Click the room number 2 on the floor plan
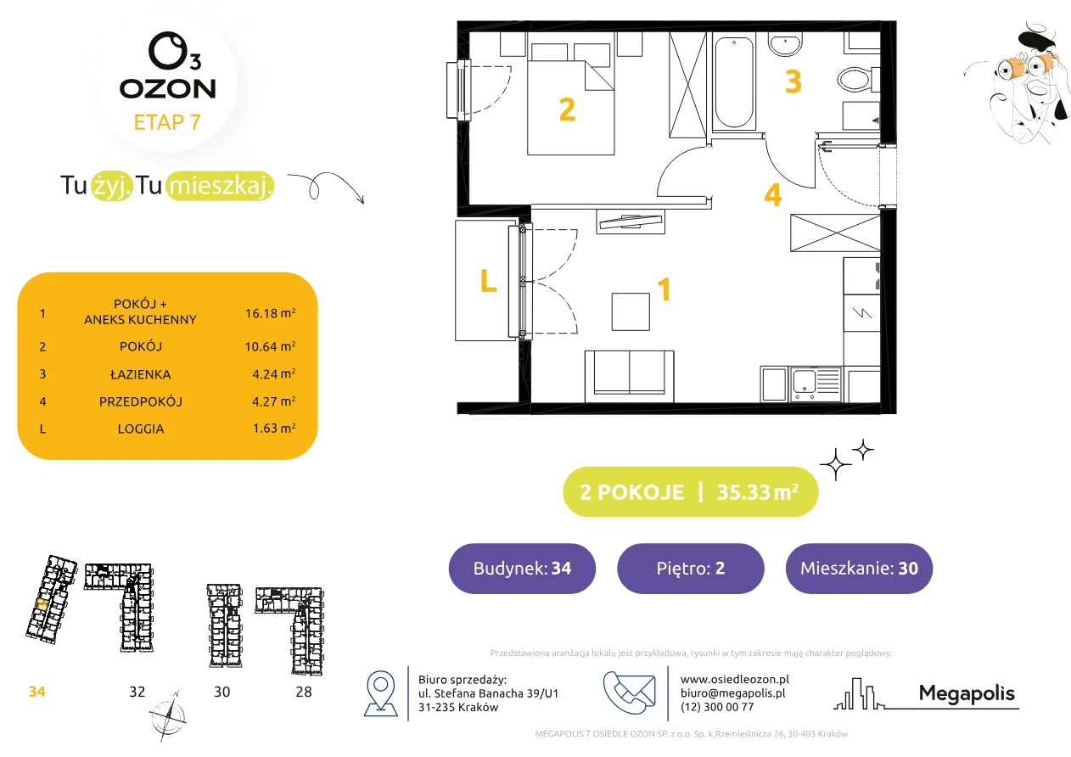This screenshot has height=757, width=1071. pyautogui.click(x=567, y=109)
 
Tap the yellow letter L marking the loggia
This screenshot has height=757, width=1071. pyautogui.click(x=488, y=280)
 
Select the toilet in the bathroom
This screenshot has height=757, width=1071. pyautogui.click(x=859, y=79)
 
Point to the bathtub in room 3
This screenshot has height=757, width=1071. pyautogui.click(x=734, y=81)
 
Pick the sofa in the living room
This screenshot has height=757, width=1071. pyautogui.click(x=629, y=376)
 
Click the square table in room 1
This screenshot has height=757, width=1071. pyautogui.click(x=631, y=311)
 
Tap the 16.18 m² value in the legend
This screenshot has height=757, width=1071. pyautogui.click(x=270, y=313)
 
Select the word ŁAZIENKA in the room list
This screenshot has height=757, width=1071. pyautogui.click(x=141, y=374)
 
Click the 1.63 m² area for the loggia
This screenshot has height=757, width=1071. pyautogui.click(x=274, y=428)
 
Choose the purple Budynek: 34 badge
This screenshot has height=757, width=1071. pyautogui.click(x=522, y=568)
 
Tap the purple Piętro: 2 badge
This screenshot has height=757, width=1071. pyautogui.click(x=691, y=568)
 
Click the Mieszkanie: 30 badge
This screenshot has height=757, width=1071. pyautogui.click(x=859, y=568)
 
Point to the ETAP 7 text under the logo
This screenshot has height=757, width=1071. pyautogui.click(x=167, y=122)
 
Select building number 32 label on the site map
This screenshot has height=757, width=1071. pyautogui.click(x=137, y=692)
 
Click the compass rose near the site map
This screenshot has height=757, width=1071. pyautogui.click(x=168, y=716)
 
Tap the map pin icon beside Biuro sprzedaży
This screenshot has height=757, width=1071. pyautogui.click(x=380, y=693)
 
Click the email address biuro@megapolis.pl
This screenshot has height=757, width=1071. pyautogui.click(x=733, y=693)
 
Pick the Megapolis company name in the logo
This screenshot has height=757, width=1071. pyautogui.click(x=967, y=693)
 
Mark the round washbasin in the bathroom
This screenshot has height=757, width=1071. pyautogui.click(x=785, y=45)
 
